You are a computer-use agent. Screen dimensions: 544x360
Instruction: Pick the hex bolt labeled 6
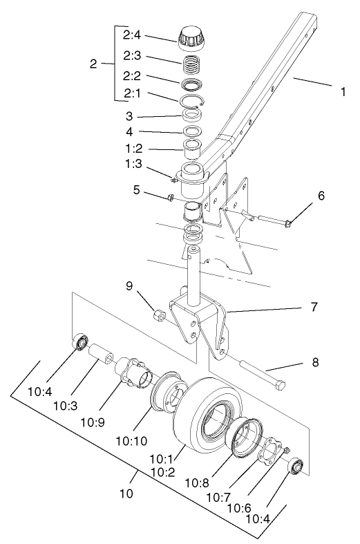(276, 221)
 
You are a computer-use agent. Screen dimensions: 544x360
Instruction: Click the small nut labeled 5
(170, 199)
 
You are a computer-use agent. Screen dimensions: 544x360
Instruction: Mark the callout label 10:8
(217, 478)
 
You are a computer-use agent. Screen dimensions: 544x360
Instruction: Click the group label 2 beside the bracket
(94, 64)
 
